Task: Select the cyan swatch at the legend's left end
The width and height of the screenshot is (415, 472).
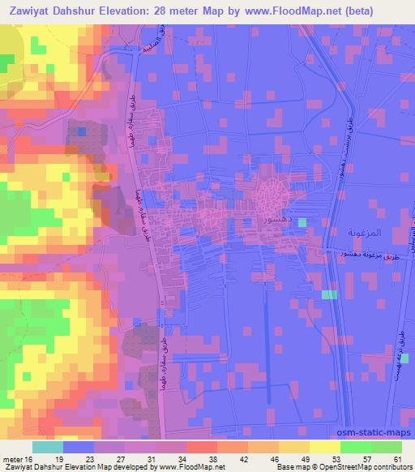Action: click(x=48, y=446)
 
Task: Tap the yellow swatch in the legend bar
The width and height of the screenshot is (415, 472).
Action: click(x=324, y=446)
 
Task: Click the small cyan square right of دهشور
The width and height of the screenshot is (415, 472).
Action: click(x=302, y=222)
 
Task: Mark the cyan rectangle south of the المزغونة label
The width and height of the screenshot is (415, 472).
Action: click(x=328, y=294)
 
